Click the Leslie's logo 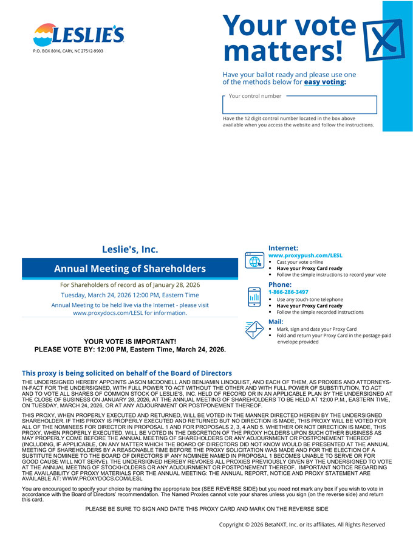coord(78,35)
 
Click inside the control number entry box coord(300,106)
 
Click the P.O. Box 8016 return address coord(68,51)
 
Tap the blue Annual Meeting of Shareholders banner coord(129,269)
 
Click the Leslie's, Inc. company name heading coord(129,249)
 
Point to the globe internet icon coord(254,260)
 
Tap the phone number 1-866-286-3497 coord(288,292)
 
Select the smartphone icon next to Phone coord(254,297)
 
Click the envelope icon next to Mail coord(254,330)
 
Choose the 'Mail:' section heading coord(276,322)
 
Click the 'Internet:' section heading coord(283,248)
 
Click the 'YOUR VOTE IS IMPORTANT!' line coord(121,342)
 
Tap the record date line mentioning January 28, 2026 coord(129,285)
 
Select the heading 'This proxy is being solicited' coord(126,373)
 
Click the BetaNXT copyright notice coord(302,524)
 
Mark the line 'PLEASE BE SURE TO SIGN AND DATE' coord(206,508)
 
